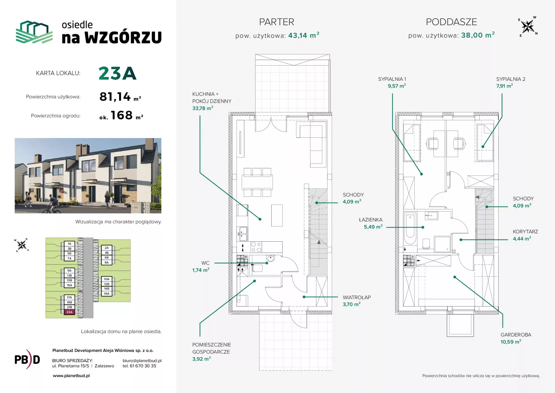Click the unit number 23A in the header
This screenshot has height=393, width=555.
(x=117, y=73)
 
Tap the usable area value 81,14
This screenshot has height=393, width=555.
(x=115, y=97)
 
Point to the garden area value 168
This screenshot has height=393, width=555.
(x=122, y=115)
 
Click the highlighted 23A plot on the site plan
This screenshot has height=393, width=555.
(x=69, y=312)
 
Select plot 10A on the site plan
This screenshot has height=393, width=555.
(x=107, y=279)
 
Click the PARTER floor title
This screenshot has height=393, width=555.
(x=277, y=22)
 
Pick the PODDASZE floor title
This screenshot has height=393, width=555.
(x=451, y=22)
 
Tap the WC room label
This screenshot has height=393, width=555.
(x=205, y=263)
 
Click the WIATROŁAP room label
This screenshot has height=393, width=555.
(x=357, y=297)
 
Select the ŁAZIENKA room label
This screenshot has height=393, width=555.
(x=371, y=220)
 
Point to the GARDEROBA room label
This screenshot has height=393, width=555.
(x=516, y=335)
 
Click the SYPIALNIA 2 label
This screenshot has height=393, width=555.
(x=511, y=79)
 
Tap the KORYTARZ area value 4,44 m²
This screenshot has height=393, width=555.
(x=522, y=238)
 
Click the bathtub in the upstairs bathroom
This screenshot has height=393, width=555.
(x=410, y=229)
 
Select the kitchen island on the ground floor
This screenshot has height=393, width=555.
(x=277, y=216)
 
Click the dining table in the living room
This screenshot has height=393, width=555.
(x=257, y=182)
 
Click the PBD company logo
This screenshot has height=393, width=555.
(x=27, y=359)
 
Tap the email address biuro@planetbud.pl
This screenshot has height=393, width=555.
(x=142, y=361)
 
